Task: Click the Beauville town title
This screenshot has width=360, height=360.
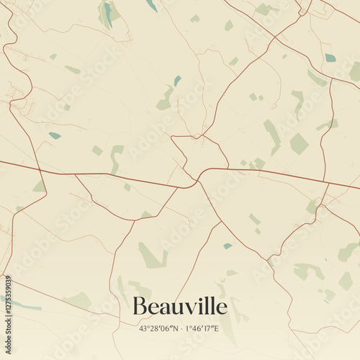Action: point(179,307)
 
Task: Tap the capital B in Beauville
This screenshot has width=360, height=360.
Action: point(140,307)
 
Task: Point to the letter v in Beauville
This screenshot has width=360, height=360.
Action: point(189,309)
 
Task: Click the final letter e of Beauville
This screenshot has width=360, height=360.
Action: point(221,309)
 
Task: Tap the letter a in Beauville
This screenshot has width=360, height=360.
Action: point(163,309)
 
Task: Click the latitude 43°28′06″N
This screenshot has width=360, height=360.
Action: point(158,328)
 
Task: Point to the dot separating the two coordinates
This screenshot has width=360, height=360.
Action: point(181,328)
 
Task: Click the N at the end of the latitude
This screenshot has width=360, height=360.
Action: point(174,328)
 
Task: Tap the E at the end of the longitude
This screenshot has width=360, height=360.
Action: point(217,328)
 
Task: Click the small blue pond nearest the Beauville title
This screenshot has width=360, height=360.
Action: point(228,246)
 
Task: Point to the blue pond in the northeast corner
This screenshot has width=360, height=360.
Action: point(330,58)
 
